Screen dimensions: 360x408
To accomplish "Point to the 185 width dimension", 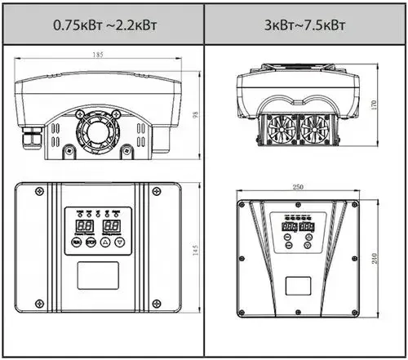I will click(x=98, y=56).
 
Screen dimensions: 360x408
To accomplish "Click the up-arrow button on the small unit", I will click(x=104, y=242).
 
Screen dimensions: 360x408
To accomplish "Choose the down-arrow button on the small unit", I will click(x=121, y=242).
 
